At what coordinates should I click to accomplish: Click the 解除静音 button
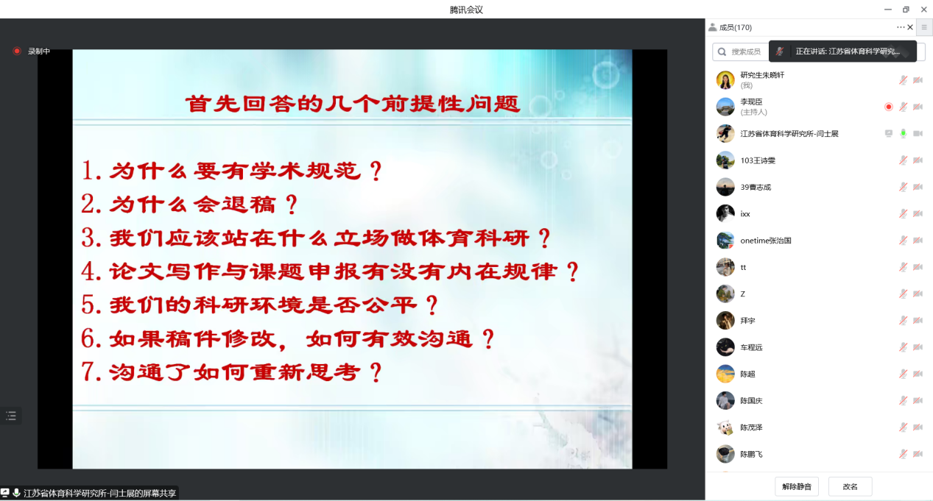[x=796, y=486]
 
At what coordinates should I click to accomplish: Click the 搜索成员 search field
[x=741, y=51]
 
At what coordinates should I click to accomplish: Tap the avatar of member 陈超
[x=725, y=374]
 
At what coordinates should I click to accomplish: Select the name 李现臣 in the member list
[x=751, y=102]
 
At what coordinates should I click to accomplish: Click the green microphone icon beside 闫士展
[x=903, y=134]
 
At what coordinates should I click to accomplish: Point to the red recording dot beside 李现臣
[x=888, y=107]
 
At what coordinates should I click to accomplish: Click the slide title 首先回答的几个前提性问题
[x=353, y=104]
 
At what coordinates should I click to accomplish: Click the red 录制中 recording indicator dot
[x=17, y=51]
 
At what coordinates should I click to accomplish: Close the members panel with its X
[x=910, y=27]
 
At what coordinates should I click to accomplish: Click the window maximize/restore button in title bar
[x=906, y=10]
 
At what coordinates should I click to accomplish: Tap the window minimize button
[x=887, y=10]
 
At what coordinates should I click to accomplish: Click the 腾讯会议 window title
[x=466, y=10]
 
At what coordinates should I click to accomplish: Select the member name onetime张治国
[x=766, y=241]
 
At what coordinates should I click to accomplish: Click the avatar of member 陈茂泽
[x=725, y=427]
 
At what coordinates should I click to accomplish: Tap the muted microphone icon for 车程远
[x=903, y=347]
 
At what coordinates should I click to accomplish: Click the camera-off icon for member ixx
[x=918, y=214]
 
